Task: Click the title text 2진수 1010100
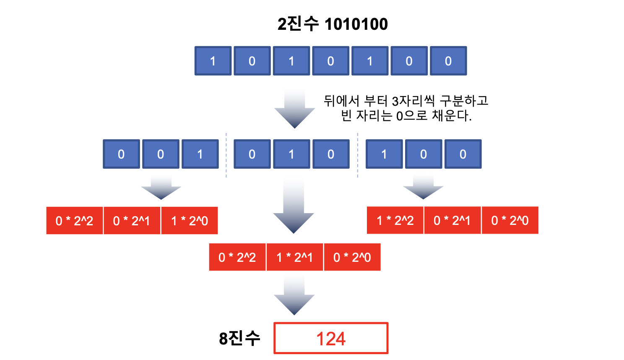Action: [x=333, y=24]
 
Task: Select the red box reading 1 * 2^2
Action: [x=395, y=220]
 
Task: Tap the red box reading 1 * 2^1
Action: [x=294, y=257]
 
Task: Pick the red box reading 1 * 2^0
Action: [x=190, y=221]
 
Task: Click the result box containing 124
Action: [x=331, y=338]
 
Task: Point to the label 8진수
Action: [x=239, y=338]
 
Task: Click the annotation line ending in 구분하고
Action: [x=406, y=101]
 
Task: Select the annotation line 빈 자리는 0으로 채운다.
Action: [x=406, y=115]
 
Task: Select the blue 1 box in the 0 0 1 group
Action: [x=200, y=154]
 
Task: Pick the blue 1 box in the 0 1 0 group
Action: [x=291, y=154]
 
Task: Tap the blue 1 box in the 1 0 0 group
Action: [x=384, y=154]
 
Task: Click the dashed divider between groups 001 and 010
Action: [x=226, y=155]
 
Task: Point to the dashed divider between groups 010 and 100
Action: [x=358, y=155]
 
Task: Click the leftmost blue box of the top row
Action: [x=213, y=61]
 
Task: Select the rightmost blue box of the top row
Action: [x=448, y=61]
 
